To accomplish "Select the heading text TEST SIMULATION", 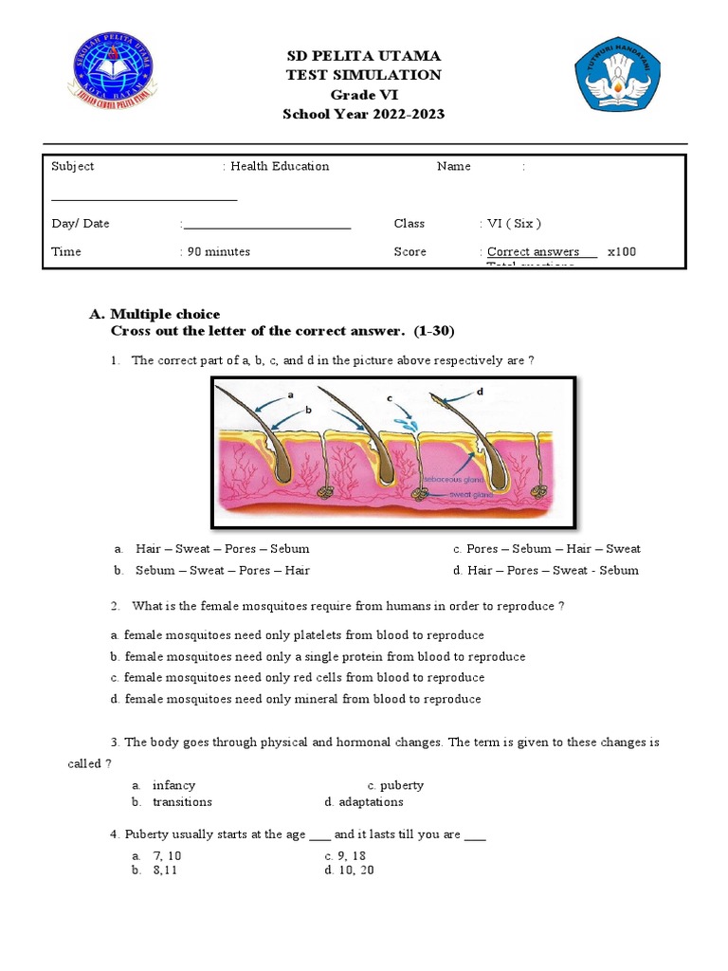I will tap(364, 75).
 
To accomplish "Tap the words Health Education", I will tap(280, 166).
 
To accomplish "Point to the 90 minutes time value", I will tap(218, 251).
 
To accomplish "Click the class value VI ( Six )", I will tap(514, 224).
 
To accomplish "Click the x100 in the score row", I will tap(622, 251).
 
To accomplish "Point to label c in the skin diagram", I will tap(391, 400).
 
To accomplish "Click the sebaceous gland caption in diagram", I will tap(450, 480).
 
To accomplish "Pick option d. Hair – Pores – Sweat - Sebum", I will tap(546, 571).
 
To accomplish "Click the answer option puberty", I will tap(402, 785).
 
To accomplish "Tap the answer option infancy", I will tap(173, 785).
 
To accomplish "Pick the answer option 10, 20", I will tap(355, 870).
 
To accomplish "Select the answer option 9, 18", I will tap(351, 855).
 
